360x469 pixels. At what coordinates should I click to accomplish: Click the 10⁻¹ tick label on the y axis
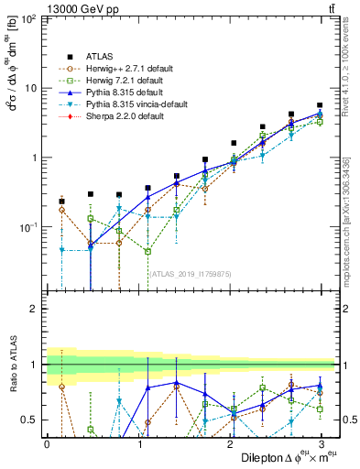click(x=27, y=226)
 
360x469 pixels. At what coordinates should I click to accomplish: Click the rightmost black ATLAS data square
click(x=320, y=105)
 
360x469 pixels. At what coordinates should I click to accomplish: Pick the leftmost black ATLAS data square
click(x=61, y=201)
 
